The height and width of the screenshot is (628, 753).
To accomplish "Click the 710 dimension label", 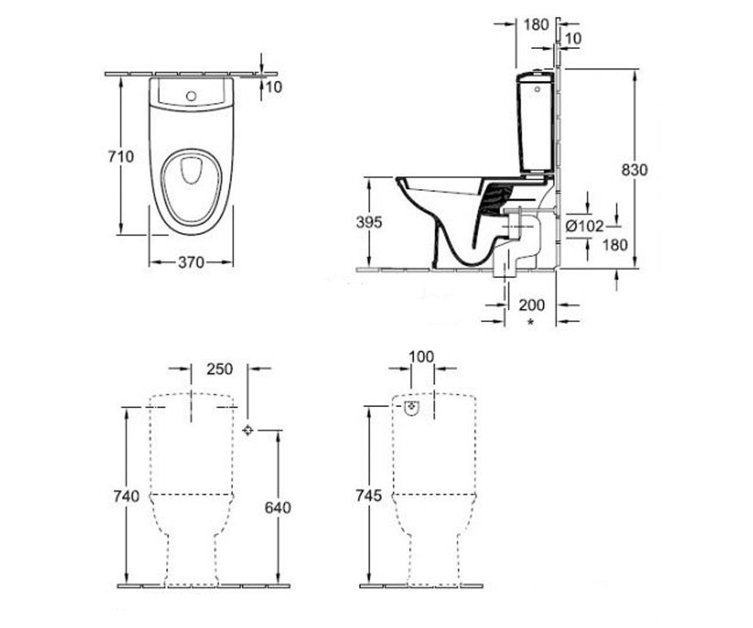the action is coord(121,156).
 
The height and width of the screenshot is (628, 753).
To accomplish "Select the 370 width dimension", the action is coord(191,263).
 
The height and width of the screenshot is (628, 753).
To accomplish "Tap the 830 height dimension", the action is coord(634,170).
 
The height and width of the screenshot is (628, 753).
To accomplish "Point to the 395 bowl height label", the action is coord(368,222).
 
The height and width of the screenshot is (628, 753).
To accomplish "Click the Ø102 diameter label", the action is coord(584,226).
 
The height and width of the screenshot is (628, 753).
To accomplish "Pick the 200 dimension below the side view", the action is coord(531,305).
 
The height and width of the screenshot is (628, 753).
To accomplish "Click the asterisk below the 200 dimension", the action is coord(530,322).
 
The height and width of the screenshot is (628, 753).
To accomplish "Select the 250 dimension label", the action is coord(220,369).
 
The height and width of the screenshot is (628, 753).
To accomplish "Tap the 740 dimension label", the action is coord(126,496).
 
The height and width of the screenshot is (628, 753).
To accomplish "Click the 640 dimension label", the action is coord(278,508).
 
